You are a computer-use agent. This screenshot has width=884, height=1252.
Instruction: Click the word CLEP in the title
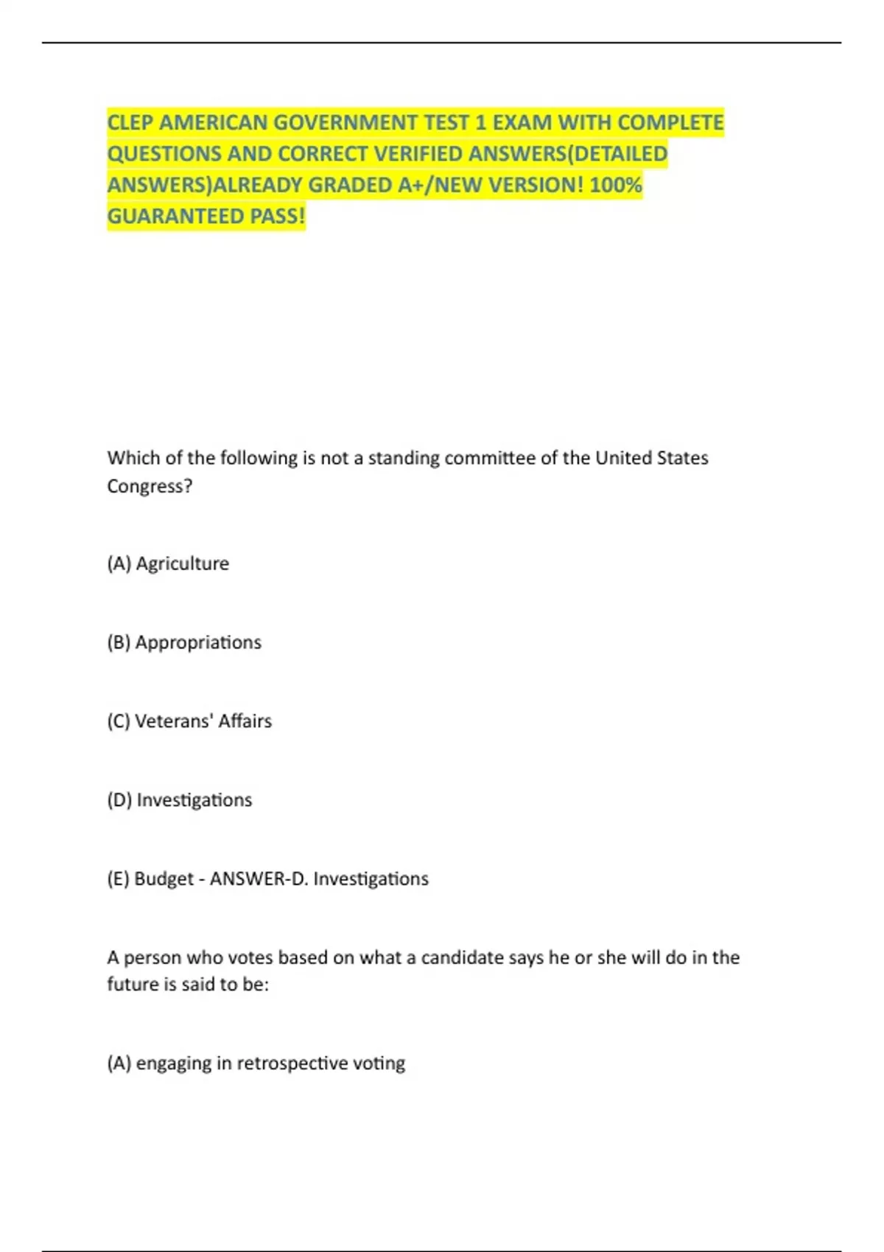(x=130, y=122)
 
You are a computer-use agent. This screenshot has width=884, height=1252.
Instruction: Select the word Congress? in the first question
(x=150, y=486)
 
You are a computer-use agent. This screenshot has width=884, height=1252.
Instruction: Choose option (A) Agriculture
(x=168, y=563)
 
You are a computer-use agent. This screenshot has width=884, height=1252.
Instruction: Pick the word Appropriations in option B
(x=198, y=642)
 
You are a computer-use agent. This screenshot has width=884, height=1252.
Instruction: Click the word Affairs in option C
(x=245, y=721)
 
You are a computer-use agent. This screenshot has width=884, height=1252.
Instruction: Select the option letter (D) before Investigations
(x=119, y=800)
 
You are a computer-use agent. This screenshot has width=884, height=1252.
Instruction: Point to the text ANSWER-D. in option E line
(x=259, y=879)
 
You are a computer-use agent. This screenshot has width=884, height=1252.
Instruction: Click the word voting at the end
(x=379, y=1063)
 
